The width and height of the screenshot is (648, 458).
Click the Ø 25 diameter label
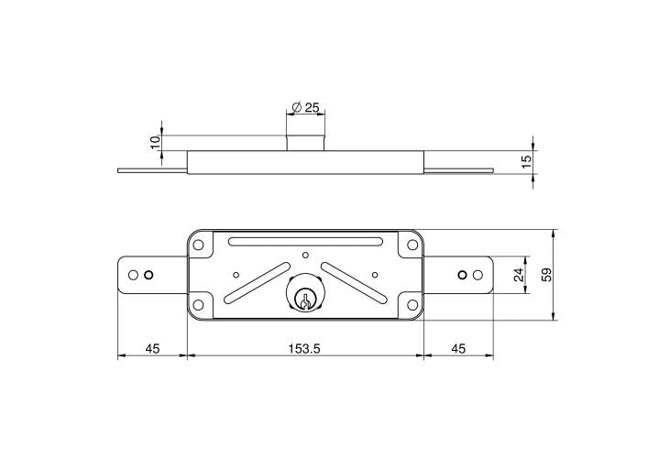(305, 108)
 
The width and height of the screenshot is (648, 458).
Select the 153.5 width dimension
(304, 348)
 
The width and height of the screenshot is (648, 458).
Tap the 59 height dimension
(546, 275)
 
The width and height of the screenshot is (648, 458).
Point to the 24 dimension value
(518, 274)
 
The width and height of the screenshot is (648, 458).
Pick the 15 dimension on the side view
(526, 160)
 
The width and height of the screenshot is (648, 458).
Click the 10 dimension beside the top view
(156, 142)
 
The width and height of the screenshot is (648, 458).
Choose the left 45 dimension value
(151, 348)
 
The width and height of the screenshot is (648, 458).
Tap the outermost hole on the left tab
(135, 275)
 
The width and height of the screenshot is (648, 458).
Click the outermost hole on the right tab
(476, 275)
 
